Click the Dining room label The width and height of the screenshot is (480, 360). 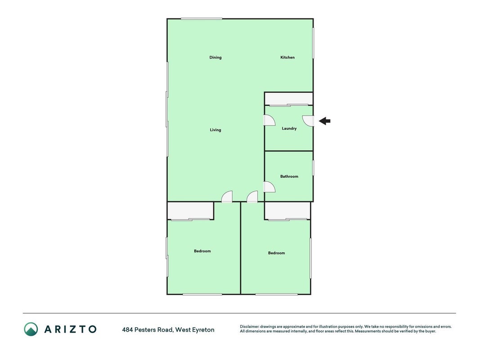point(215,58)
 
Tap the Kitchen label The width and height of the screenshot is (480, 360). point(287,57)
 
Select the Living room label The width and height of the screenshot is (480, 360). point(215,130)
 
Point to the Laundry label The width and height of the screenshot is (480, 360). point(289,129)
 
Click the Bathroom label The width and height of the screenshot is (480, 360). point(289,176)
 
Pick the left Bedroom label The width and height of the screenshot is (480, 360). point(202,251)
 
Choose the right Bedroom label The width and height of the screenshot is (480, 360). point(276,253)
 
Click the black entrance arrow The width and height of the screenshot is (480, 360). point(324,121)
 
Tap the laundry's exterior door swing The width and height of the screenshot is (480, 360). point(308,121)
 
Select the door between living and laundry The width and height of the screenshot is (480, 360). point(269,120)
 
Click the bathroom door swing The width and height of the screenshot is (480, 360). point(269,187)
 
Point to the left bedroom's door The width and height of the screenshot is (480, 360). point(227,197)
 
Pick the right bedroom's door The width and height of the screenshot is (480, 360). point(252,197)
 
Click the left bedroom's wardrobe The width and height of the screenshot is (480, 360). point(190,211)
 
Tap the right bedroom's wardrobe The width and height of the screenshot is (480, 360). point(287,211)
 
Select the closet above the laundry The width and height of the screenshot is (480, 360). point(289,99)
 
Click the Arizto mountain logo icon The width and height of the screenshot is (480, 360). point(31,329)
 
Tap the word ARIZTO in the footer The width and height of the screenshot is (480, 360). point(71,329)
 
